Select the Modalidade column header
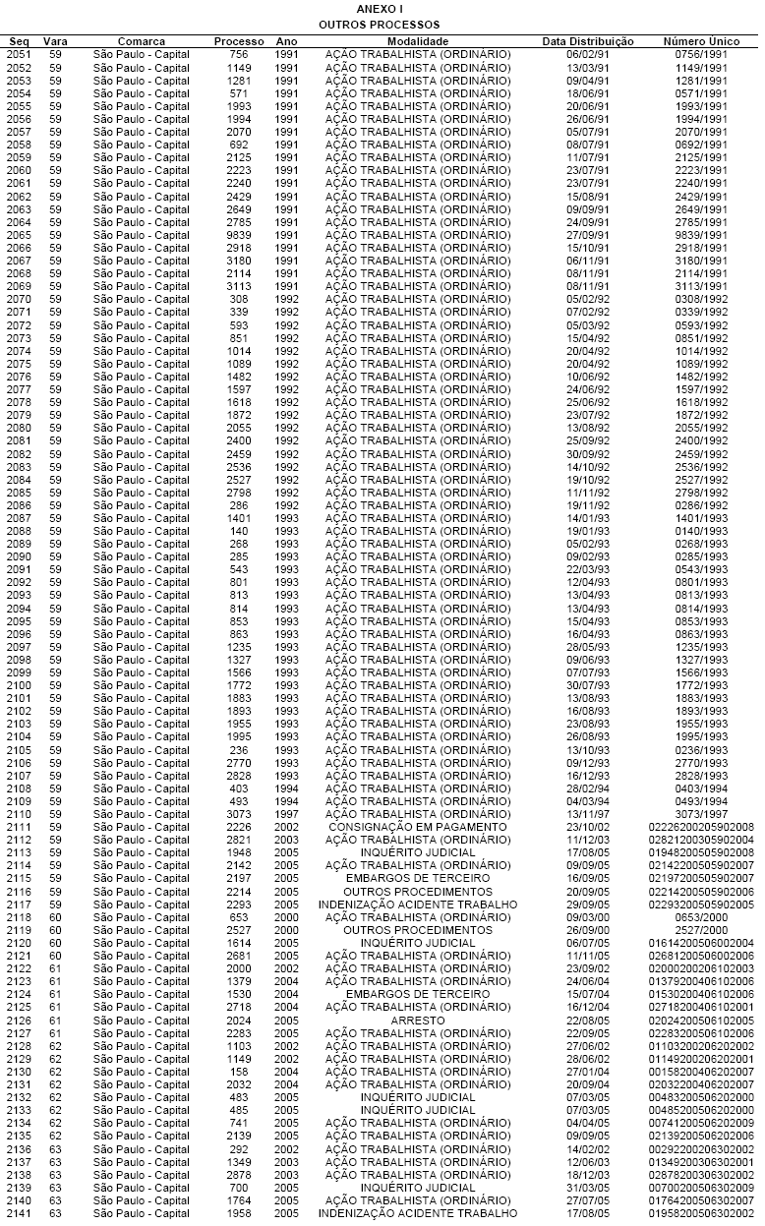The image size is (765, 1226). tap(417, 41)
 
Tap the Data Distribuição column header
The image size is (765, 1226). tap(588, 41)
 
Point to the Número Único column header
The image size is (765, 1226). tap(695, 41)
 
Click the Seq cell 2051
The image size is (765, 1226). tap(19, 54)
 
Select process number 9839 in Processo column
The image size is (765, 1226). tap(239, 235)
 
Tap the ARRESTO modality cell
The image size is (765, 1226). tap(417, 1021)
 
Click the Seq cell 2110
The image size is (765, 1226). tap(19, 815)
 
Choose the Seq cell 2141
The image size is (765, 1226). tap(19, 1213)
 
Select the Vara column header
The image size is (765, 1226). tap(55, 41)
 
